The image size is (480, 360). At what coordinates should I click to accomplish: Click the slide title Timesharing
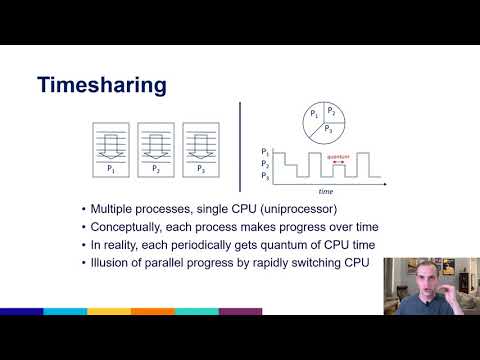(101, 85)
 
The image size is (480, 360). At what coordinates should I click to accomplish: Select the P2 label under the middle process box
(155, 169)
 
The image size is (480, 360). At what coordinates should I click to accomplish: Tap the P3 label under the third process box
(201, 169)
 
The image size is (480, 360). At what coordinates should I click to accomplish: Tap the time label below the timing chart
(325, 189)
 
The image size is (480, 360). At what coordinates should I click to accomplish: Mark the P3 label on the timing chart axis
(265, 175)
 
